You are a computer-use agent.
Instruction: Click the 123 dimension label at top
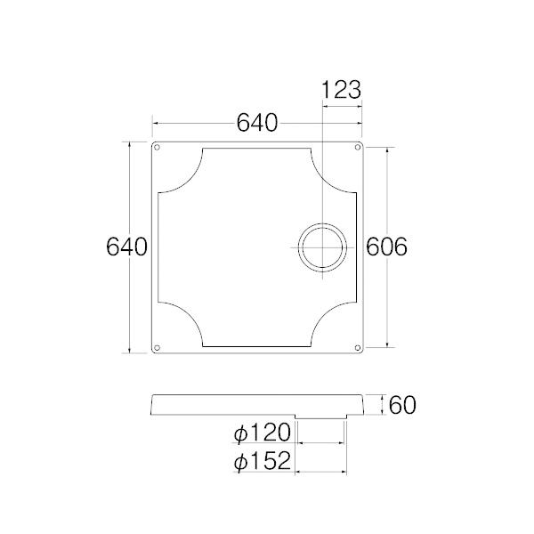click(x=341, y=90)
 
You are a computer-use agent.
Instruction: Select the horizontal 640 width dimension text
click(x=257, y=123)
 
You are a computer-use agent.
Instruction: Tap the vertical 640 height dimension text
click(x=125, y=247)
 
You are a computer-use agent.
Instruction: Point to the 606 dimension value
click(x=387, y=247)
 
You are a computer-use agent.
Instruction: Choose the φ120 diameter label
click(x=263, y=433)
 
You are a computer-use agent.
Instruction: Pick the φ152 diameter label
click(x=263, y=461)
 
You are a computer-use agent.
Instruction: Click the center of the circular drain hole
click(x=321, y=247)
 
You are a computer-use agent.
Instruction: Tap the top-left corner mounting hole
click(x=158, y=147)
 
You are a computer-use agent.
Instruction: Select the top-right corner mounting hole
click(x=358, y=147)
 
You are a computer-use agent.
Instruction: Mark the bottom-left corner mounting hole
click(x=158, y=347)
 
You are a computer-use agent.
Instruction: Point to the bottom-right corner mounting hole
click(x=358, y=347)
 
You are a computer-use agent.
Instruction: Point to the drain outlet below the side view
click(x=320, y=417)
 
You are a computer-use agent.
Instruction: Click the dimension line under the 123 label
click(x=341, y=106)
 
